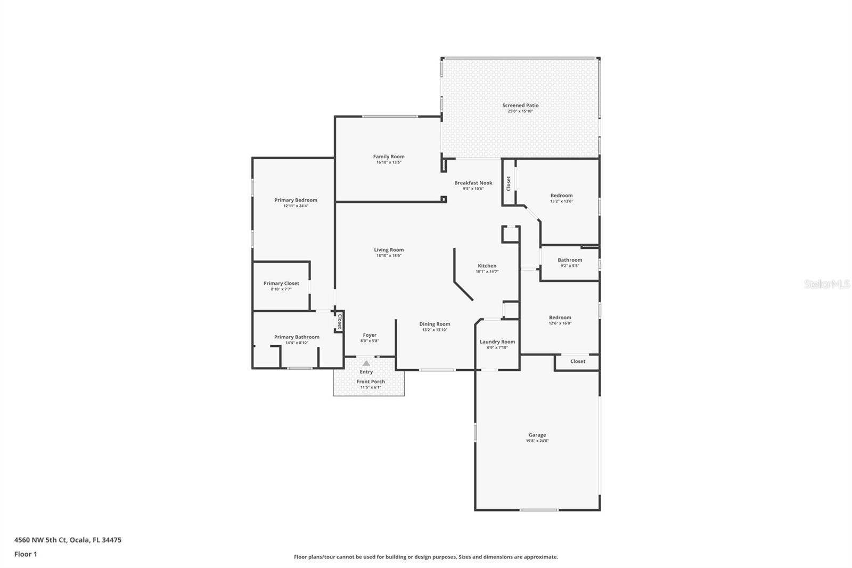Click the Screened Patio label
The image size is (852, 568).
click(x=520, y=106)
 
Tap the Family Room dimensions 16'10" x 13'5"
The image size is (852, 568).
click(x=389, y=163)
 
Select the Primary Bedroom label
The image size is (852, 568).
click(x=296, y=200)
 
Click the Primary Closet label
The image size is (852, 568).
click(x=281, y=283)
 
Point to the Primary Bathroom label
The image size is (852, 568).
click(x=297, y=337)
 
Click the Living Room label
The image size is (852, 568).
click(x=389, y=250)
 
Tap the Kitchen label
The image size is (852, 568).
click(x=487, y=266)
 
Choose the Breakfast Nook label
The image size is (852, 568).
click(x=473, y=183)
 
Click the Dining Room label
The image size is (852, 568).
click(x=435, y=324)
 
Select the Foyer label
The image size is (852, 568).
click(x=370, y=335)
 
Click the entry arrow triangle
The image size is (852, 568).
click(x=366, y=363)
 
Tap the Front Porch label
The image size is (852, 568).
click(x=371, y=382)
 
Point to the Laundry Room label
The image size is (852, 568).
click(x=497, y=342)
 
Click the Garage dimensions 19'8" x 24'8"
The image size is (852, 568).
click(x=537, y=441)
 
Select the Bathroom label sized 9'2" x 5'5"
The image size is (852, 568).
click(x=570, y=260)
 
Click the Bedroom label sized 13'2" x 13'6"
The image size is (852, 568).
click(x=561, y=196)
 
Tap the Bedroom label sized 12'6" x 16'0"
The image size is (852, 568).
click(x=560, y=318)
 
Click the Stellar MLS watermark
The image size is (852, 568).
click(x=826, y=285)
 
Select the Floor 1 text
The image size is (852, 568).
click(x=26, y=554)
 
